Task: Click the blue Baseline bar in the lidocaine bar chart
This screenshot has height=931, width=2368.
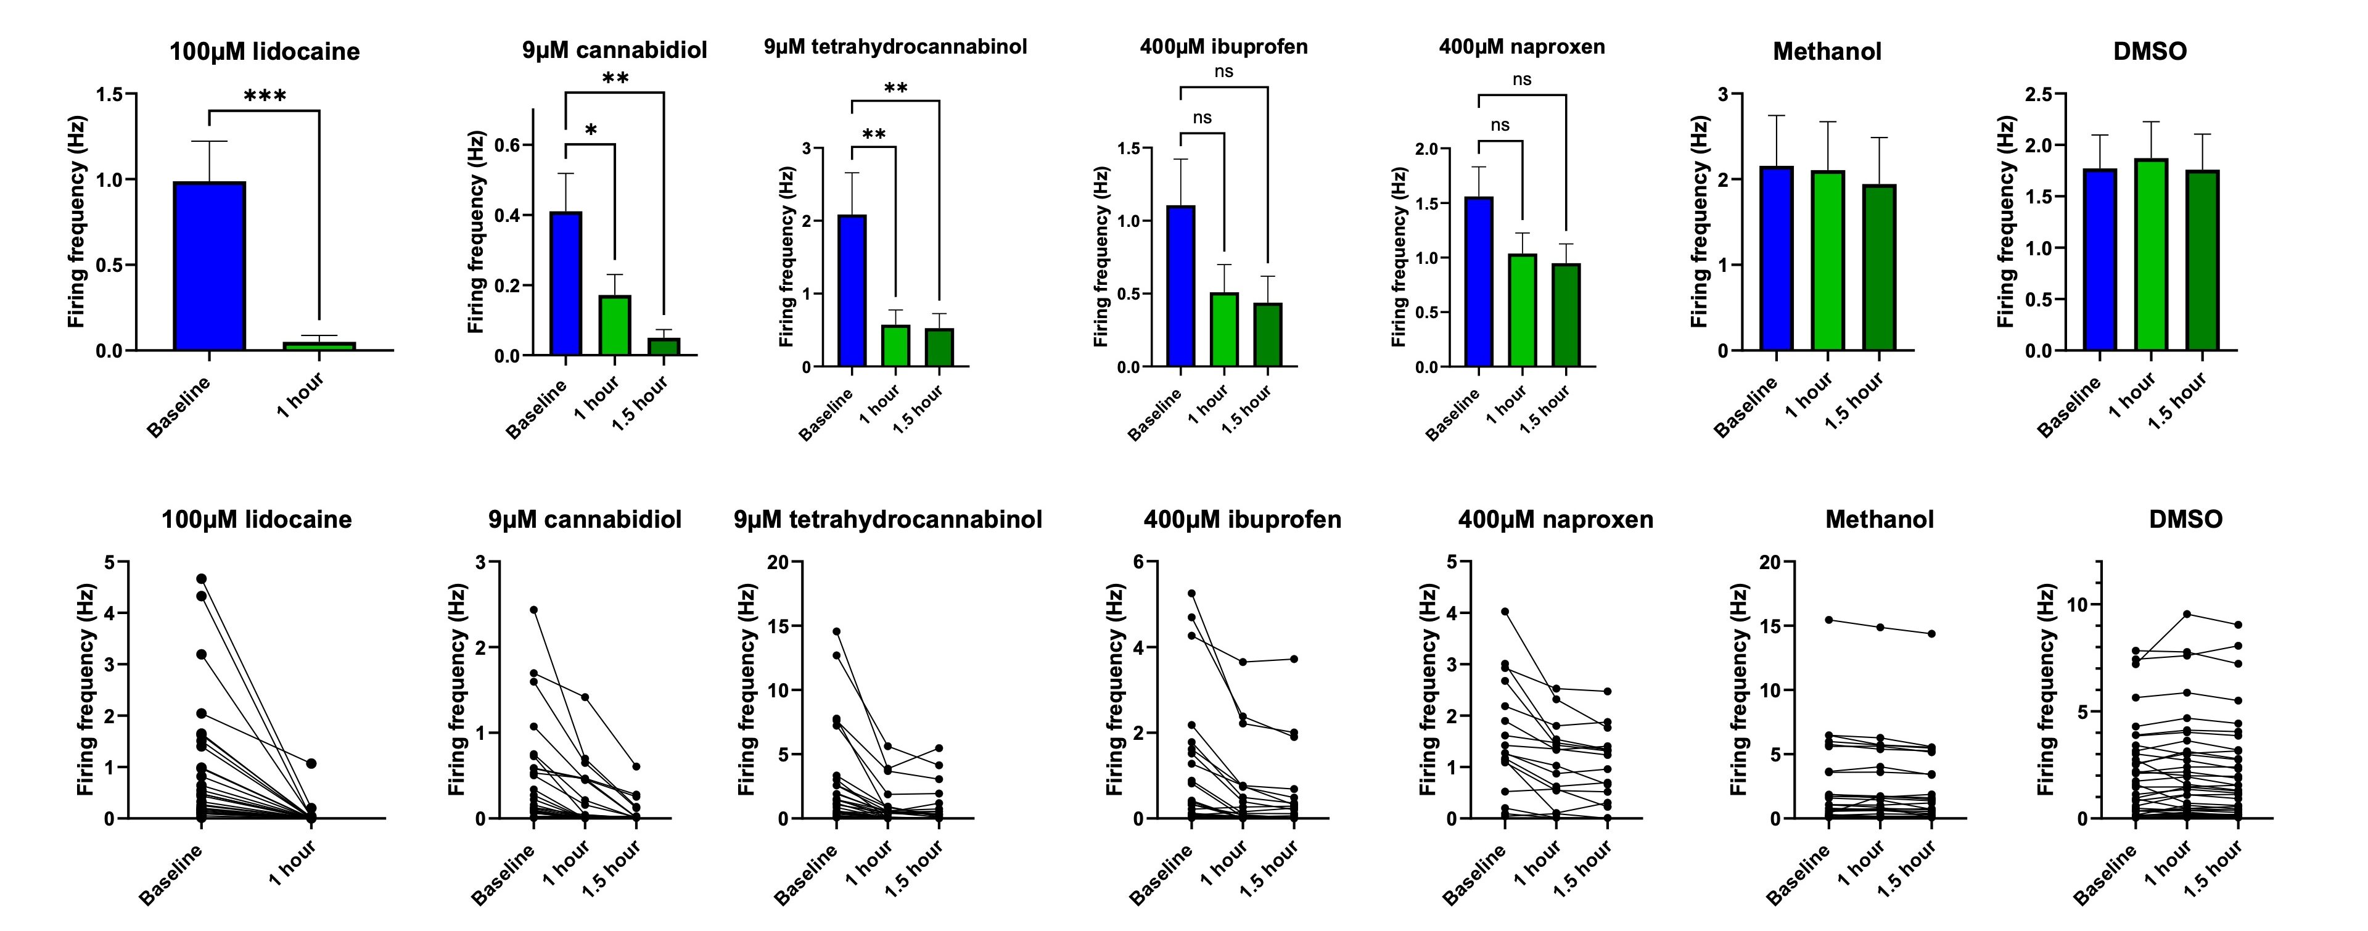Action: click(210, 266)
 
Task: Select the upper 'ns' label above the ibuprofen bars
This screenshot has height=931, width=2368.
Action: click(1223, 72)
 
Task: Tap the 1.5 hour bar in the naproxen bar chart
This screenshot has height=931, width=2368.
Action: click(1566, 315)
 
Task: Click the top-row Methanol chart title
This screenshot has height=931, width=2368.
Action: click(1827, 51)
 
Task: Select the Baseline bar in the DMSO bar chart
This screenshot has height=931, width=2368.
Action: click(2100, 259)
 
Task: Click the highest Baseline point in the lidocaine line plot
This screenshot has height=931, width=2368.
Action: click(201, 579)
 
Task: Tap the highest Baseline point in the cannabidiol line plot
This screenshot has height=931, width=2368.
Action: click(534, 609)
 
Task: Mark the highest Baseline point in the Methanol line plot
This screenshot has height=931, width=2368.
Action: click(1828, 620)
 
